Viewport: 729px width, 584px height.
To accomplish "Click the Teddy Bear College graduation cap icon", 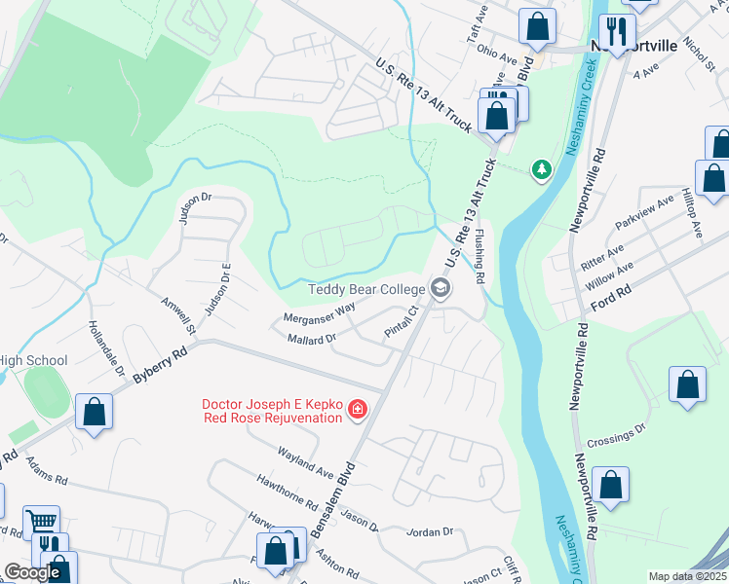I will coord(440,288).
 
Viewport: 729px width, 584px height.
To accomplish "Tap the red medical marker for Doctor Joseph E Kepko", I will coord(358,409).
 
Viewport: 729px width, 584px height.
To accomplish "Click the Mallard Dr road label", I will coord(312,339).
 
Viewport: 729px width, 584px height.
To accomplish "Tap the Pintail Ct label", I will coord(401,321).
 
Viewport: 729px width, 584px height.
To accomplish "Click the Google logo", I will coord(32,572).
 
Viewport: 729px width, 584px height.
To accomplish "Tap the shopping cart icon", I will coord(41,521).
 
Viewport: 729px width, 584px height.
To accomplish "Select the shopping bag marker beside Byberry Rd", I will coord(94,412).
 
